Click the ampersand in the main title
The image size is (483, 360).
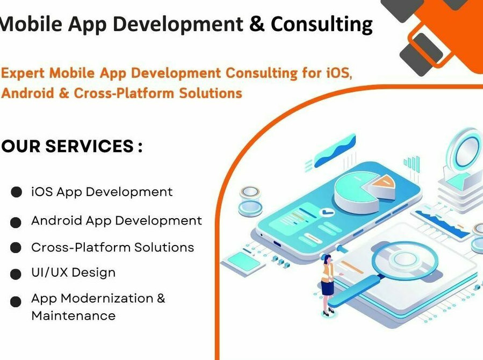[x=257, y=24]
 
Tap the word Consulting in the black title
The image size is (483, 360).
[x=322, y=25]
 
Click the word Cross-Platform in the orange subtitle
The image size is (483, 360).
[x=124, y=93]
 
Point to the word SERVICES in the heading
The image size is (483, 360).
[x=89, y=146]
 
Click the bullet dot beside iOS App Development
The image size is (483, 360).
[x=16, y=192]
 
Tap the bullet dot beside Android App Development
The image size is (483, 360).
[x=16, y=222]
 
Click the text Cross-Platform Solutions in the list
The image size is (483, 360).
[x=113, y=247]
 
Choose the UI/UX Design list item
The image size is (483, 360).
[x=74, y=273]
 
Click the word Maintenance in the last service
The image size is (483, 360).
[x=74, y=315]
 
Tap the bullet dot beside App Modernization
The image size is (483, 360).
[x=16, y=301]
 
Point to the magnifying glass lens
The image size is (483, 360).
[x=405, y=258]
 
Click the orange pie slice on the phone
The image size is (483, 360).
[x=380, y=186]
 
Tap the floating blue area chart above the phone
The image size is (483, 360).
[x=335, y=151]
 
